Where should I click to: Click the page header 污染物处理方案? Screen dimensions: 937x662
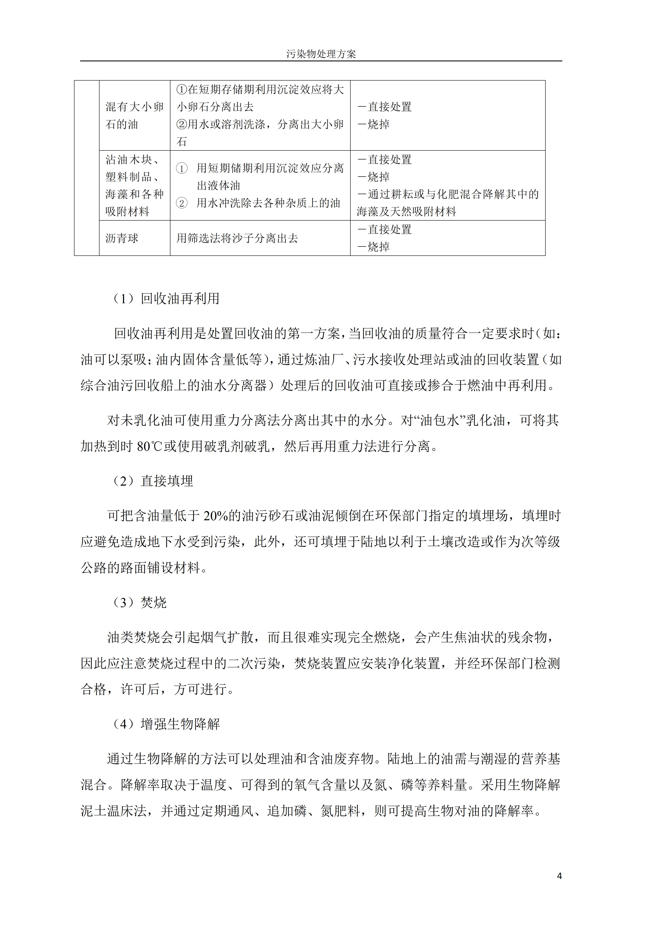click(321, 54)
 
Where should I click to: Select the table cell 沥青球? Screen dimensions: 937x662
click(122, 238)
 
